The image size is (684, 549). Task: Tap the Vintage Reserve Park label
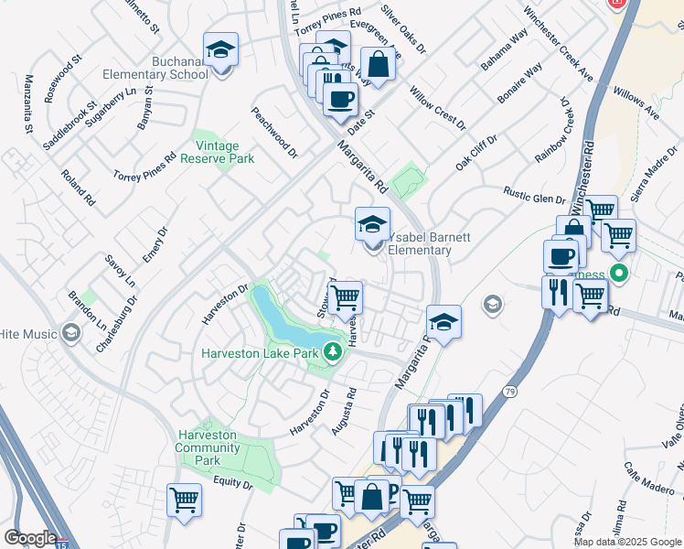(x=222, y=152)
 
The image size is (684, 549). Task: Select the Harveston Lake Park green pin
(x=336, y=352)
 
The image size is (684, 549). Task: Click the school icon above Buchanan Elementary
(x=220, y=51)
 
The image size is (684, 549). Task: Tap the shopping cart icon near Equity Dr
(x=185, y=501)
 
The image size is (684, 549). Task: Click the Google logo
(x=29, y=538)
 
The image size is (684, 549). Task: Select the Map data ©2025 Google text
(x=628, y=542)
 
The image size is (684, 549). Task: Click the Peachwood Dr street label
(x=275, y=133)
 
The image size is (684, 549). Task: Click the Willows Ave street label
(x=637, y=104)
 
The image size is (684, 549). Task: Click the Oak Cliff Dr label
(x=477, y=152)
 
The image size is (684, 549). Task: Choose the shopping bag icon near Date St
(x=377, y=64)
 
